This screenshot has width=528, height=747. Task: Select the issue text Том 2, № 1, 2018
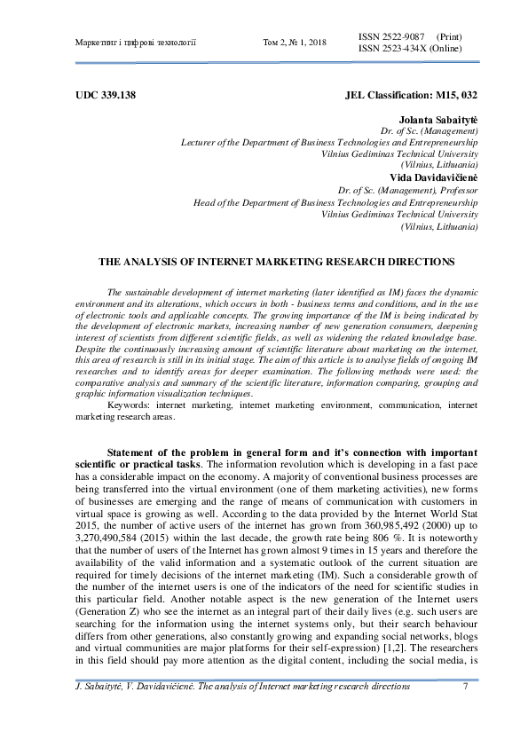[x=296, y=43]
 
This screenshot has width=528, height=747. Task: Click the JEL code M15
[x=447, y=93]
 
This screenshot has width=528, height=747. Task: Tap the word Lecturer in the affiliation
[x=200, y=142]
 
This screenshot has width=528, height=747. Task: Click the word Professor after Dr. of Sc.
[x=457, y=190]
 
